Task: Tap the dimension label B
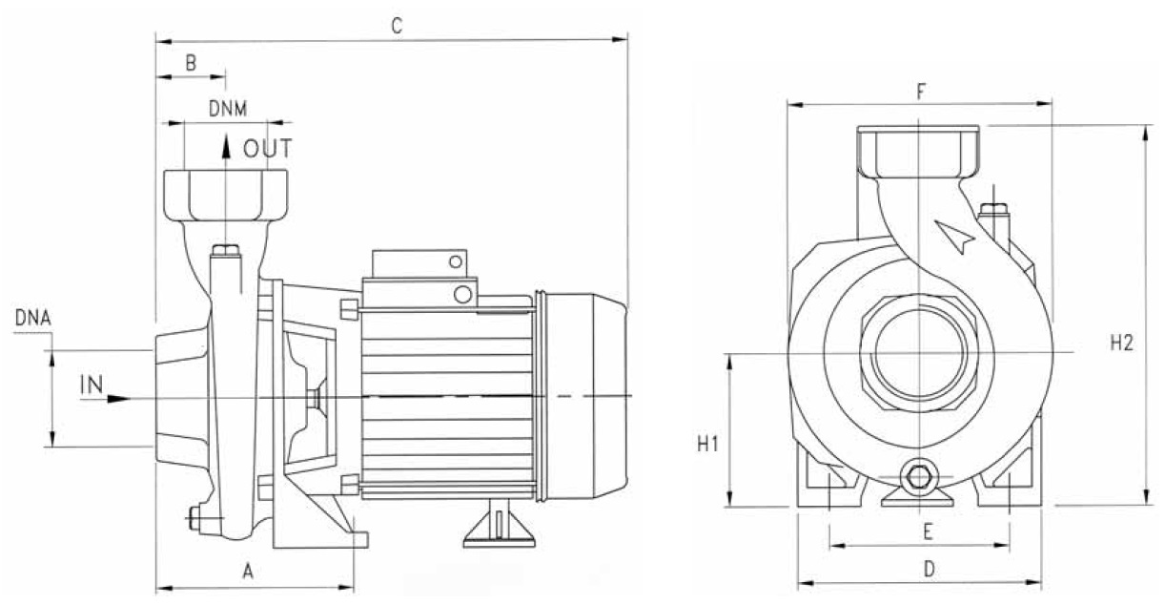[191, 64]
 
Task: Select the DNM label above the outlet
[228, 109]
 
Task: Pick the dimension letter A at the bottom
[249, 572]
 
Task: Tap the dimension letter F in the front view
[921, 92]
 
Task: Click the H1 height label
[706, 444]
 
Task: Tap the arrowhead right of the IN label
[118, 398]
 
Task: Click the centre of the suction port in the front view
[917, 353]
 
